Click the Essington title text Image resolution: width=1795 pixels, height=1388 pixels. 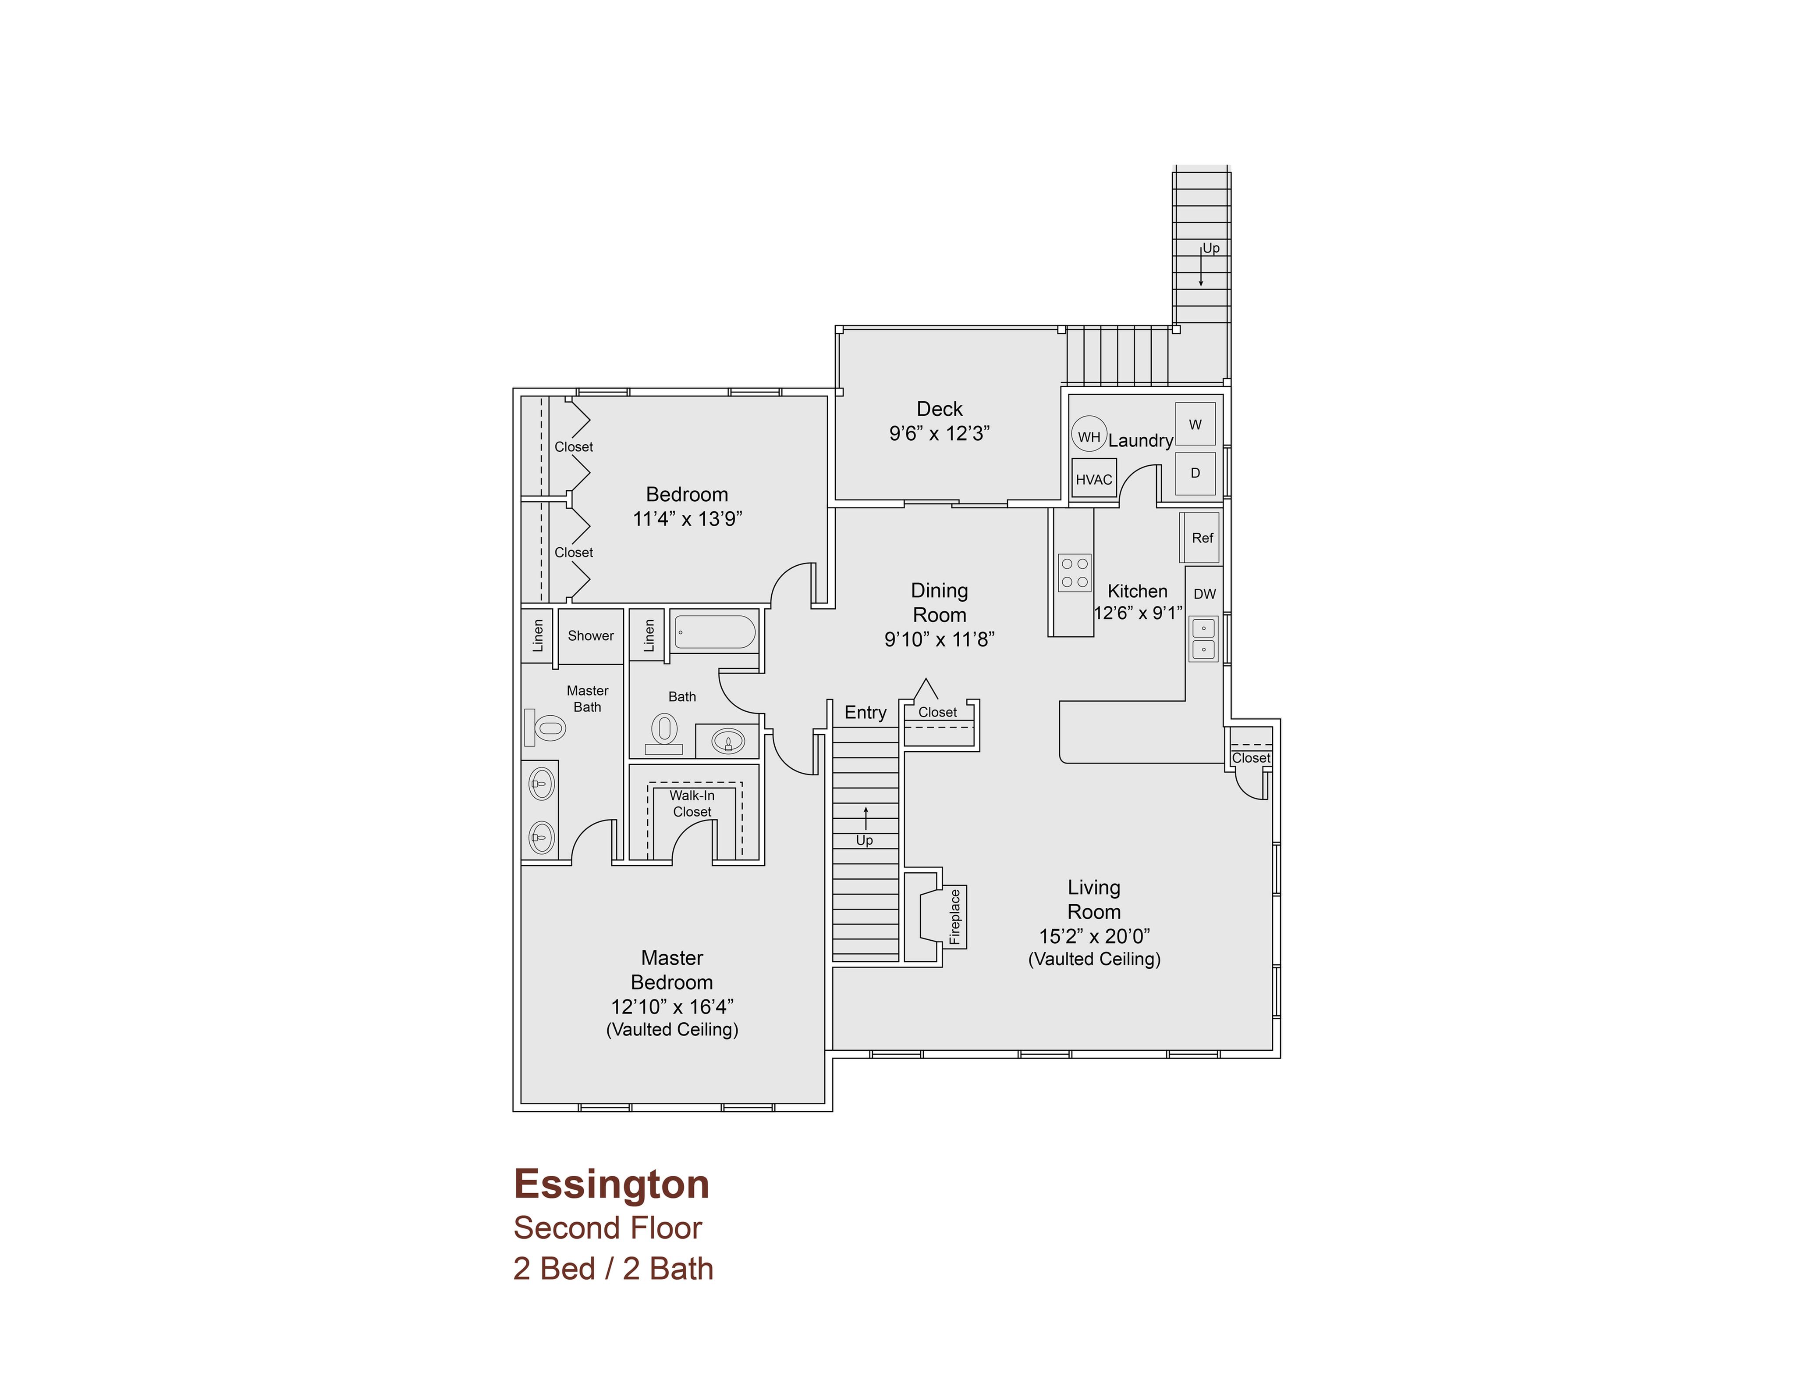611,1185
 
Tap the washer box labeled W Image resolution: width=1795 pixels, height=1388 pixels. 1195,425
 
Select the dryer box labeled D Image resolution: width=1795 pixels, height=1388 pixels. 1195,473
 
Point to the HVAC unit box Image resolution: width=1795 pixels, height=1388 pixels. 1094,479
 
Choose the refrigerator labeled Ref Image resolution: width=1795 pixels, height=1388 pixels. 1201,538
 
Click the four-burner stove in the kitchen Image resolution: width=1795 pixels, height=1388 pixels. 1074,573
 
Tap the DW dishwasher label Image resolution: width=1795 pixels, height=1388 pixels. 1205,594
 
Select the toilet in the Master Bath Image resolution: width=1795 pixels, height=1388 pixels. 545,728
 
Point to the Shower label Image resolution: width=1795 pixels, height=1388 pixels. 591,635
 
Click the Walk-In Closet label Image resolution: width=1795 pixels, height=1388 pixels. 692,803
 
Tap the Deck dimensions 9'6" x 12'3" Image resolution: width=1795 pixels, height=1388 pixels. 940,433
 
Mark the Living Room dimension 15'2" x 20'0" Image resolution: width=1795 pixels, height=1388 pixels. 1094,936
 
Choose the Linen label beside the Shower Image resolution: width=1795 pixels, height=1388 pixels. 538,635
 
